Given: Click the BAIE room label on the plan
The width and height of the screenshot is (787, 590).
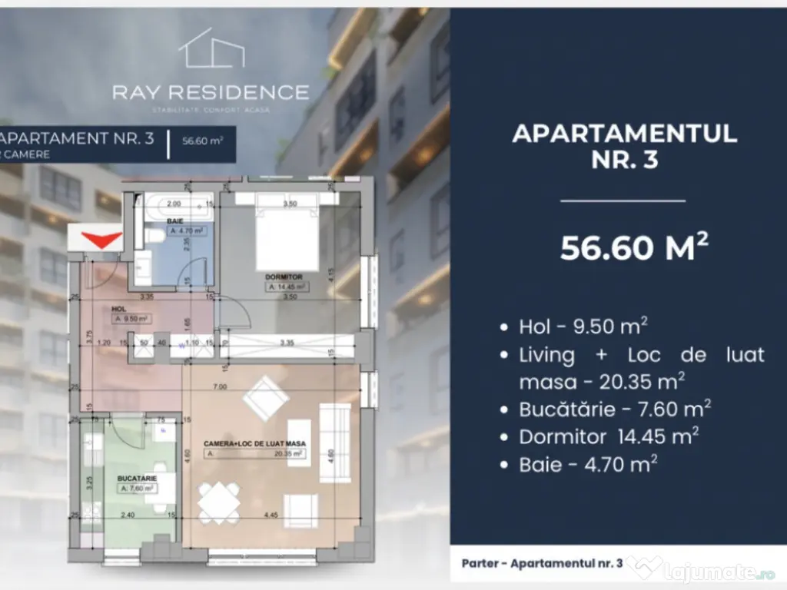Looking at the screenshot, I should [175, 221].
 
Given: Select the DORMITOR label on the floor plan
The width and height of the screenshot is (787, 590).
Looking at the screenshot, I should [284, 277].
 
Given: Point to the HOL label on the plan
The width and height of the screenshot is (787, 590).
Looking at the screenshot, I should [118, 308].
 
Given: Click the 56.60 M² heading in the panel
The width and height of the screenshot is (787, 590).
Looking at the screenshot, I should [623, 248].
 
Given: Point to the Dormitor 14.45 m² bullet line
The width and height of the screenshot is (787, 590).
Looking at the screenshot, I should [609, 436].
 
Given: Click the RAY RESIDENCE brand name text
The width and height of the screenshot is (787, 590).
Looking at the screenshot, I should [211, 93].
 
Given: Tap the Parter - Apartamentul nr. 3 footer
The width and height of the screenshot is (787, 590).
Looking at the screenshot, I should [542, 563].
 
